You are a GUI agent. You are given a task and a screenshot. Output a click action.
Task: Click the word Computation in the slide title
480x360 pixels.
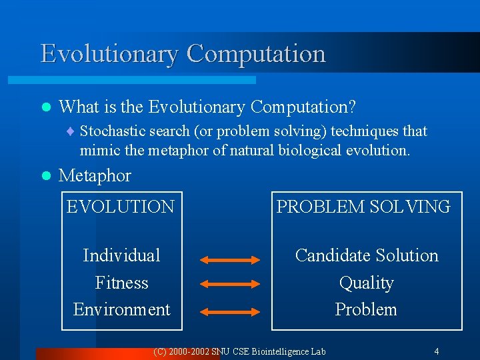pyautogui.click(x=256, y=54)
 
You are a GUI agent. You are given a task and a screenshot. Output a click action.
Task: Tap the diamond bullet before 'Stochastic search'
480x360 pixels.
pyautogui.click(x=73, y=131)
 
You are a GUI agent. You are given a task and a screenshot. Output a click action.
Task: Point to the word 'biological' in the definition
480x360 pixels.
pyautogui.click(x=310, y=151)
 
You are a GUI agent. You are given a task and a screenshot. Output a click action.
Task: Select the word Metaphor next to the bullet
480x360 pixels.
pyautogui.click(x=95, y=176)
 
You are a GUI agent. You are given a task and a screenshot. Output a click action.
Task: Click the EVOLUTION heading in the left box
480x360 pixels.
pyautogui.click(x=120, y=207)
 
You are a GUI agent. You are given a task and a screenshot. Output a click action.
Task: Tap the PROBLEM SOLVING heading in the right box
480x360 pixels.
pyautogui.click(x=363, y=207)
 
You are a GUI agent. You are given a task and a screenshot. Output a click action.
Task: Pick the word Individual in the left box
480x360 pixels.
pyautogui.click(x=121, y=255)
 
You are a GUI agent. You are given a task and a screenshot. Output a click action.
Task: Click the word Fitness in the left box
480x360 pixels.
pyautogui.click(x=121, y=283)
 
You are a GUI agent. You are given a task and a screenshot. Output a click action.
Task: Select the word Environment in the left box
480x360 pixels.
pyautogui.click(x=121, y=310)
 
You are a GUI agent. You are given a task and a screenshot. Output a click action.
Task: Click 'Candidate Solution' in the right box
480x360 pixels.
pyautogui.click(x=366, y=255)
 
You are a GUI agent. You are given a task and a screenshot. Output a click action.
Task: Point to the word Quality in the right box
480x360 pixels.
pyautogui.click(x=366, y=283)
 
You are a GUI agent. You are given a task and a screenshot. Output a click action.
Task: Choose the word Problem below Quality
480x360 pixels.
pyautogui.click(x=366, y=310)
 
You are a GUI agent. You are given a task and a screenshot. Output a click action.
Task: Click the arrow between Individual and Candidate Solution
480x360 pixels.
pyautogui.click(x=230, y=260)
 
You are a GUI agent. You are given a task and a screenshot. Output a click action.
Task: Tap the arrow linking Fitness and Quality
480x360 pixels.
pyautogui.click(x=230, y=285)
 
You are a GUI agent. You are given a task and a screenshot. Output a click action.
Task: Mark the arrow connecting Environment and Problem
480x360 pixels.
pyautogui.click(x=230, y=311)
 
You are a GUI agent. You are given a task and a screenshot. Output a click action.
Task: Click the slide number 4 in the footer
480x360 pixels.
pyautogui.click(x=436, y=351)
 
